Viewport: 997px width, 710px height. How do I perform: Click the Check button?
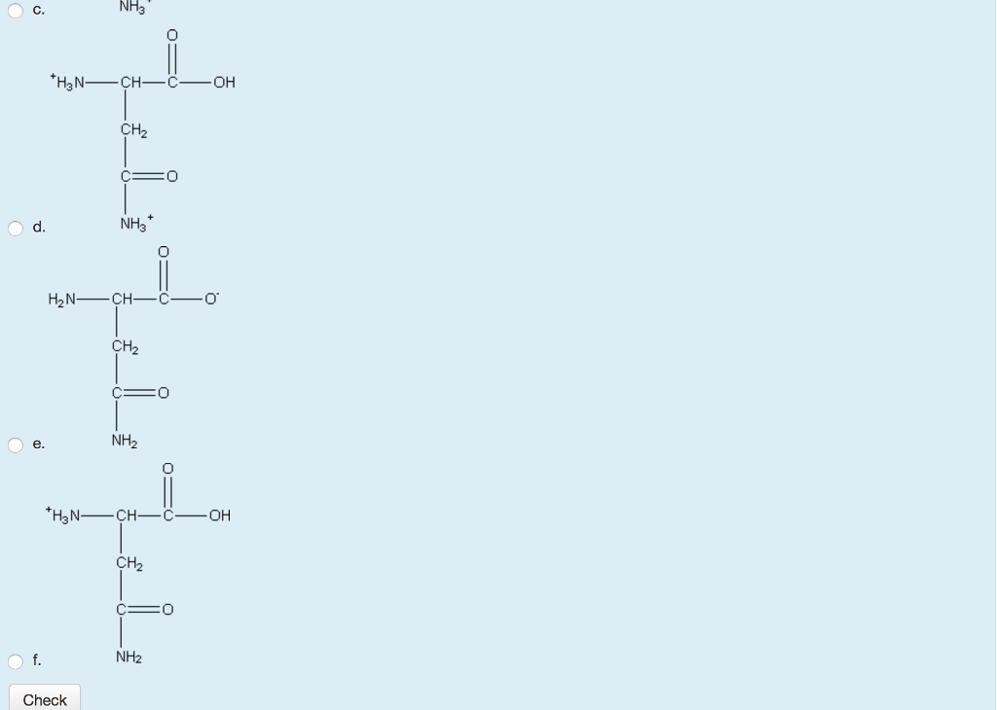(x=45, y=699)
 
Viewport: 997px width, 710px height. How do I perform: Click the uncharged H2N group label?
(x=62, y=299)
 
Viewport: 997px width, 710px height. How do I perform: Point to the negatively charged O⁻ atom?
(x=211, y=299)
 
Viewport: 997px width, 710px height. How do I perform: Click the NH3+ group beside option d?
(x=134, y=224)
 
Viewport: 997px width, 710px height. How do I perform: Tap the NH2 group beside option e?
(x=125, y=441)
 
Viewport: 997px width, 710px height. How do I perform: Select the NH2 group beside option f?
(x=129, y=657)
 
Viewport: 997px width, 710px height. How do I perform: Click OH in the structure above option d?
(x=224, y=83)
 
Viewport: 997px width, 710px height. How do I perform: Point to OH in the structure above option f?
(x=220, y=515)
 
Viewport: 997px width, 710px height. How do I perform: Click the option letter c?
(x=38, y=11)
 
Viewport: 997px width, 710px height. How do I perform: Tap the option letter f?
(x=37, y=661)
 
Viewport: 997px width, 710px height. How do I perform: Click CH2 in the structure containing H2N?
(x=126, y=347)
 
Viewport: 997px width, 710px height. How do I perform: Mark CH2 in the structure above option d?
(x=133, y=130)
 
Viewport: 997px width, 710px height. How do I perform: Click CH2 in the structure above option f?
(x=129, y=564)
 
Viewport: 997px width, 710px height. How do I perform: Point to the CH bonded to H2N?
(x=123, y=299)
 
